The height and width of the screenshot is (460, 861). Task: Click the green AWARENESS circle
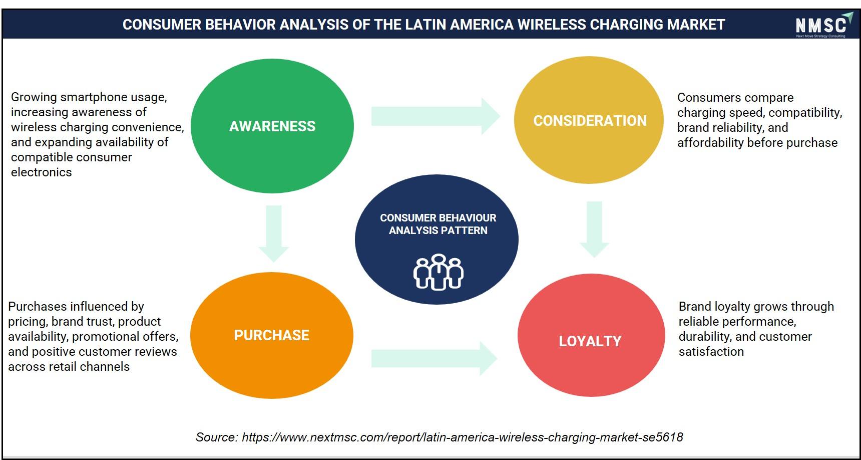(x=272, y=126)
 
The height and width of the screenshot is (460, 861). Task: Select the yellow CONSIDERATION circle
(x=589, y=120)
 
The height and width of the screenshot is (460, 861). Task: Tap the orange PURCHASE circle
(x=272, y=335)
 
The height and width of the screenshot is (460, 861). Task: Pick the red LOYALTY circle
(x=591, y=335)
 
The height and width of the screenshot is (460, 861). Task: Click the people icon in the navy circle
(x=439, y=272)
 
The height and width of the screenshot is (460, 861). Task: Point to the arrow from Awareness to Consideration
(x=436, y=116)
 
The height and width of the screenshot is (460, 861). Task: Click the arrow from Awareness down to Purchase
(x=273, y=234)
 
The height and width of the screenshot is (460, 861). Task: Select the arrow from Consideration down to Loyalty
(x=594, y=229)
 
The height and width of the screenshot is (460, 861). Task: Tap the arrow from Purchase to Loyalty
(x=434, y=358)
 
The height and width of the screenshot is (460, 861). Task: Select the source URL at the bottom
(x=462, y=437)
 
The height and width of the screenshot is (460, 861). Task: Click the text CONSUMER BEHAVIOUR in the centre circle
(x=438, y=218)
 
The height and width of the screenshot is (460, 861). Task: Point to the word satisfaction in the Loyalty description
(x=711, y=351)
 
